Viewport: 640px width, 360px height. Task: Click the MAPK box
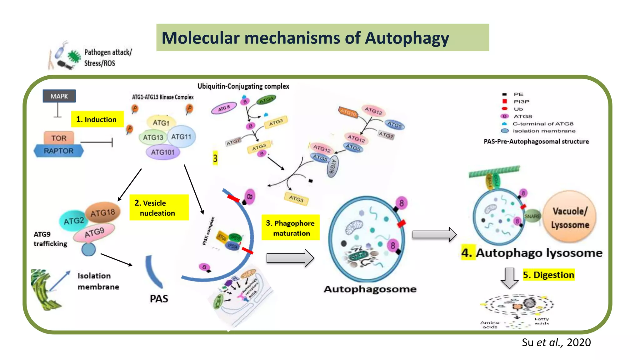pyautogui.click(x=59, y=96)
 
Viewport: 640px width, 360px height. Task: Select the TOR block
pyautogui.click(x=59, y=138)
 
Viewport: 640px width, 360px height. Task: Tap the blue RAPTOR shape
pyautogui.click(x=59, y=151)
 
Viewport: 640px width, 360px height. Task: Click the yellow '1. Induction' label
pyautogui.click(x=97, y=119)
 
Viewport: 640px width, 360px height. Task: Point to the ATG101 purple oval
pyautogui.click(x=162, y=152)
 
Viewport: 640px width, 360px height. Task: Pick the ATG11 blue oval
pyautogui.click(x=182, y=137)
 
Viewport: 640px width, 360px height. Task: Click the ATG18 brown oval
pyautogui.click(x=103, y=213)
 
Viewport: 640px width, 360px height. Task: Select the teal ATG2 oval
pyautogui.click(x=73, y=221)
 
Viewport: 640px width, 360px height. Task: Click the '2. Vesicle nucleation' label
pyautogui.click(x=159, y=208)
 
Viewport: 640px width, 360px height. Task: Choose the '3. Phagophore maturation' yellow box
pyautogui.click(x=290, y=228)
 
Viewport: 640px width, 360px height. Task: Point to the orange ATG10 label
pyautogui.click(x=348, y=112)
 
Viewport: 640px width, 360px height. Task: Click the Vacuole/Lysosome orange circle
pyautogui.click(x=570, y=217)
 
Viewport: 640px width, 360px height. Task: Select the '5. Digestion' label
pyautogui.click(x=548, y=275)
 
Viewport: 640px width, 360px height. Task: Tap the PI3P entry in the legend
pyautogui.click(x=521, y=102)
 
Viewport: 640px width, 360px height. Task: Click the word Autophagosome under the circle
pyautogui.click(x=370, y=289)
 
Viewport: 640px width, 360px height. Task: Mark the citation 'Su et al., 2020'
pyautogui.click(x=556, y=342)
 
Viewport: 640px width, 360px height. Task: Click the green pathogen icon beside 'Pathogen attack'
pyautogui.click(x=74, y=56)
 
